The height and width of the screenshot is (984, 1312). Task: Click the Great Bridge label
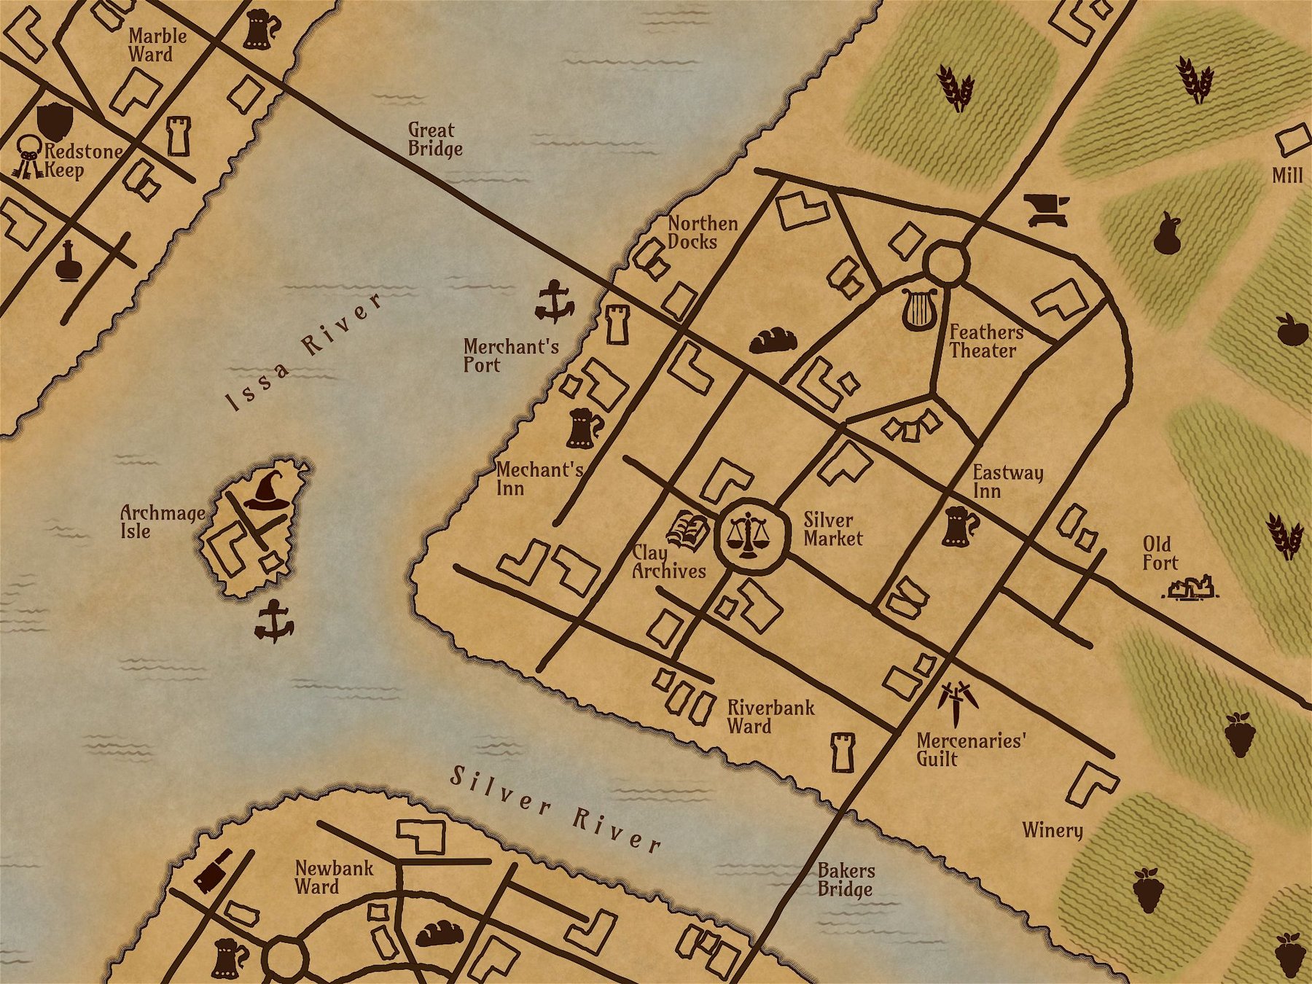click(x=434, y=139)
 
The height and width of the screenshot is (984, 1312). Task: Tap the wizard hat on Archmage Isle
click(x=267, y=491)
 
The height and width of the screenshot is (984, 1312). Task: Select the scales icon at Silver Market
click(x=751, y=536)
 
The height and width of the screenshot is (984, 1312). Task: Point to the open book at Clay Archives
click(x=688, y=530)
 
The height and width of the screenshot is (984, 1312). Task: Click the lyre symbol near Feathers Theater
click(x=918, y=308)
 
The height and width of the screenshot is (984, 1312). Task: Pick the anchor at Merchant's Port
click(x=554, y=302)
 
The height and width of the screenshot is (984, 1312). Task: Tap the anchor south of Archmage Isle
click(x=274, y=621)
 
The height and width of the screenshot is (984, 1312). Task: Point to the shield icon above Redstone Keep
click(x=55, y=120)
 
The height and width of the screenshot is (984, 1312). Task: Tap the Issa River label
click(x=305, y=353)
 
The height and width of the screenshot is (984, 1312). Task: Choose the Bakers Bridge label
click(x=846, y=880)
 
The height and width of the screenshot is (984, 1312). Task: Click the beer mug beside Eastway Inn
click(x=959, y=527)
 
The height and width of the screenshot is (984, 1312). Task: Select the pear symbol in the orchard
click(x=1167, y=234)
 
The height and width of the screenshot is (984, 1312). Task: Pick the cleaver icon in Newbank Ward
click(x=213, y=870)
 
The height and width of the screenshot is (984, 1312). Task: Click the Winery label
click(x=1052, y=830)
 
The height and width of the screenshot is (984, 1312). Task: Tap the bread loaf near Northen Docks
click(x=773, y=340)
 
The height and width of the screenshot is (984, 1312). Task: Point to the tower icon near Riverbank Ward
click(x=843, y=752)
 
